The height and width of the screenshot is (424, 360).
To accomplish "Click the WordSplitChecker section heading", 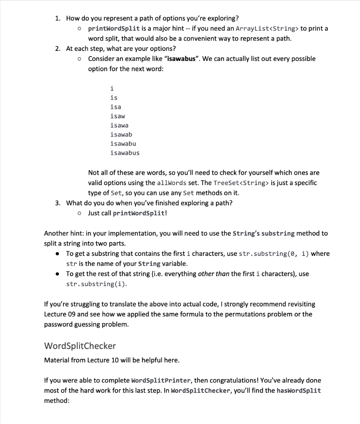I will click(80, 346).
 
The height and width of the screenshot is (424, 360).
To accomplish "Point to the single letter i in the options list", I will click(112, 88).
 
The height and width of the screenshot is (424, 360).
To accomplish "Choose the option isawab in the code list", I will click(121, 135).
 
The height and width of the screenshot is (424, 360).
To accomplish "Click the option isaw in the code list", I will click(118, 116).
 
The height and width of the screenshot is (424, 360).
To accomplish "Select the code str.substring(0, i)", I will click(274, 253).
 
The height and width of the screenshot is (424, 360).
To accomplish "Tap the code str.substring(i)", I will click(96, 284).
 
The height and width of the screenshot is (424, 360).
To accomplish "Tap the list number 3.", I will click(58, 203).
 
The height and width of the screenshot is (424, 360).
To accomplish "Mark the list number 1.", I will click(58, 19).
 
